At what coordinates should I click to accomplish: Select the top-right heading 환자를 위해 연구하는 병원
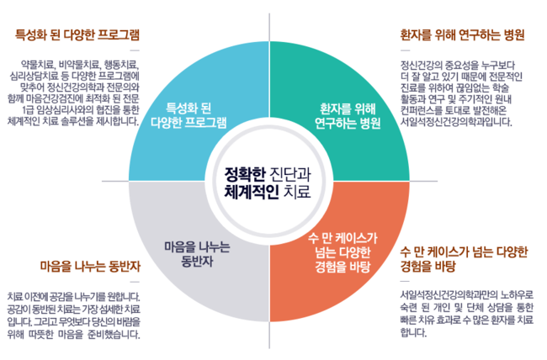click(462, 35)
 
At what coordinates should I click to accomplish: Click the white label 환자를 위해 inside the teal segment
click(348, 108)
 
